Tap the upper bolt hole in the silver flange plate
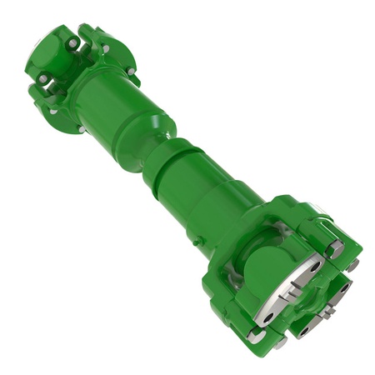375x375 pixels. [x=311, y=264]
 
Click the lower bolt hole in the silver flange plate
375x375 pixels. [x=268, y=317]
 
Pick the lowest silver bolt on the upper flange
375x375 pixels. [x=81, y=129]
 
